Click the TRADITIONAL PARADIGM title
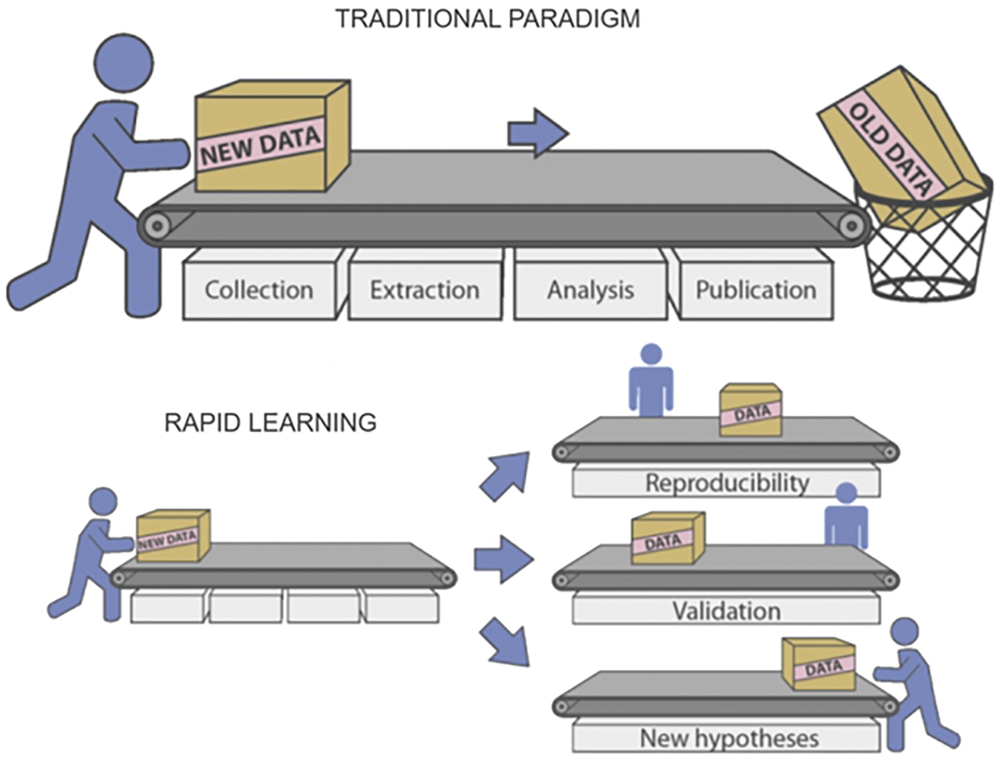coord(487,19)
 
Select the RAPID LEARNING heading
coord(270,423)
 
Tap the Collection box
coord(259,290)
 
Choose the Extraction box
coord(425,290)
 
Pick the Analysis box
coord(590,290)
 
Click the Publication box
coord(756,290)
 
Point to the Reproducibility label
coord(726,482)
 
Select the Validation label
coord(726,610)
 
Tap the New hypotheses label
coord(729,738)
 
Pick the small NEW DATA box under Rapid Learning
coord(172,536)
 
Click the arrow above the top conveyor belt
coord(537,133)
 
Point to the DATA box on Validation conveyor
coord(668,538)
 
